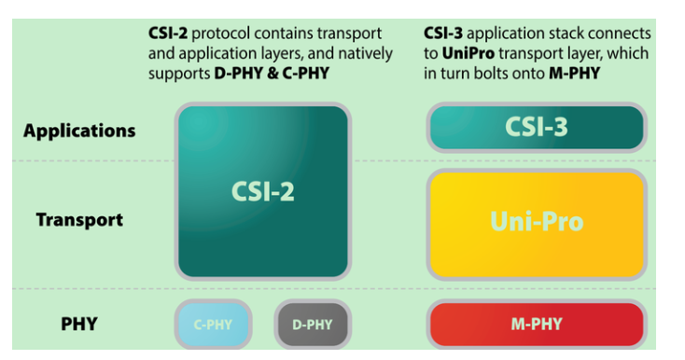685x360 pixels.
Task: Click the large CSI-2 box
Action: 262,191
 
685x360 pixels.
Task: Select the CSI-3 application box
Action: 536,128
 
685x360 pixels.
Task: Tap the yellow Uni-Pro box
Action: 536,222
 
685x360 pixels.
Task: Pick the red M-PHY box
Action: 536,325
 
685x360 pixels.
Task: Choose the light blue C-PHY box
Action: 213,325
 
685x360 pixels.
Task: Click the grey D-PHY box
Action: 313,325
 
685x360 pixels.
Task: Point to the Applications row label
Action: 79,131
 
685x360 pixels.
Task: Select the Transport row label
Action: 79,220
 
